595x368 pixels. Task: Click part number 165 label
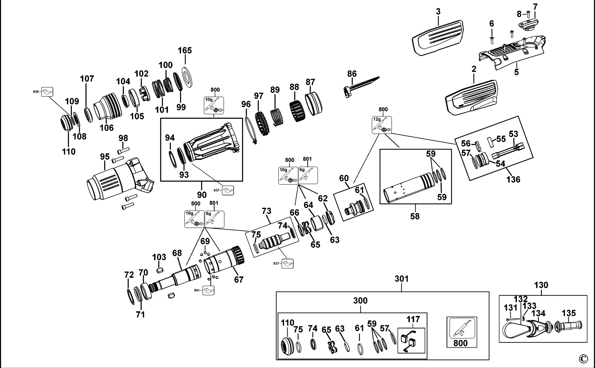(x=185, y=50)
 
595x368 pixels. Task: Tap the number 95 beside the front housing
(x=105, y=157)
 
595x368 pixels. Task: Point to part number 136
(x=513, y=180)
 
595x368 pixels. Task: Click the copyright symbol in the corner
(x=583, y=359)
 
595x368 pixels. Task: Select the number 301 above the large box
(x=401, y=279)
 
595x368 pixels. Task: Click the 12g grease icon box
(x=382, y=125)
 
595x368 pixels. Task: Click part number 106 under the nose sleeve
(x=107, y=128)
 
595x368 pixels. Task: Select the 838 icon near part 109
(x=47, y=92)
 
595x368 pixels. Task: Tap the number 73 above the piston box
(x=266, y=211)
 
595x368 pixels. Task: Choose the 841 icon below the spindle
(x=208, y=290)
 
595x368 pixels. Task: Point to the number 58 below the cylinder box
(x=415, y=216)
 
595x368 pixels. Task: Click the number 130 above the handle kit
(x=541, y=285)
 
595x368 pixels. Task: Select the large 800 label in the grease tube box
(x=460, y=343)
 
